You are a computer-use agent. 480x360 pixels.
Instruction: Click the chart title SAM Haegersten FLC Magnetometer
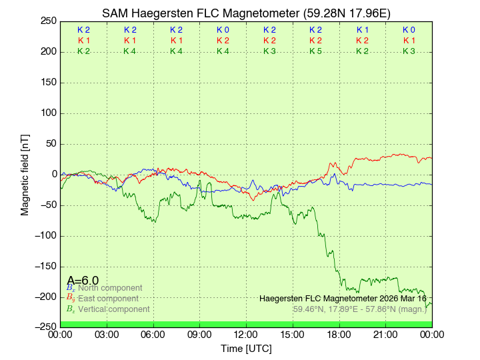(x=201, y=13)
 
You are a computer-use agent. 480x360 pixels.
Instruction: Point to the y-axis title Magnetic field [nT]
(x=25, y=175)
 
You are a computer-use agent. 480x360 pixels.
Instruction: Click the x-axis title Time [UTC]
(x=246, y=349)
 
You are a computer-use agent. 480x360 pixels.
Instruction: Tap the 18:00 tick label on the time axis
(x=339, y=334)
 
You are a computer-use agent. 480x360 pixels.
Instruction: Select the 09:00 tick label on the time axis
(x=199, y=334)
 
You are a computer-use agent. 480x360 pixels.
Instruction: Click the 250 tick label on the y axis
(x=47, y=21)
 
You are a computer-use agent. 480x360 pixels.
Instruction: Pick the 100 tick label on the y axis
(x=47, y=113)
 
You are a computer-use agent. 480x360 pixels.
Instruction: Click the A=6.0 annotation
(x=83, y=281)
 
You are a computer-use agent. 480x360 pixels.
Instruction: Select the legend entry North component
(x=110, y=288)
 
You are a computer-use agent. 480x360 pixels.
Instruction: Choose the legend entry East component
(x=108, y=299)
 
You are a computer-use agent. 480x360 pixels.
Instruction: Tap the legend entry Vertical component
(x=113, y=309)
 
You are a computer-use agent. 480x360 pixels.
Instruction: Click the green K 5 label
(x=315, y=51)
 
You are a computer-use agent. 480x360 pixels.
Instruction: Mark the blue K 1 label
(x=362, y=30)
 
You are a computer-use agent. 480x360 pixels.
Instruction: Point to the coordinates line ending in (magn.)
(x=359, y=309)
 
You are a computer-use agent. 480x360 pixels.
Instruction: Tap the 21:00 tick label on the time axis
(x=385, y=334)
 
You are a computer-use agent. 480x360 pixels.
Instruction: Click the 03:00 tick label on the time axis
(x=107, y=334)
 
